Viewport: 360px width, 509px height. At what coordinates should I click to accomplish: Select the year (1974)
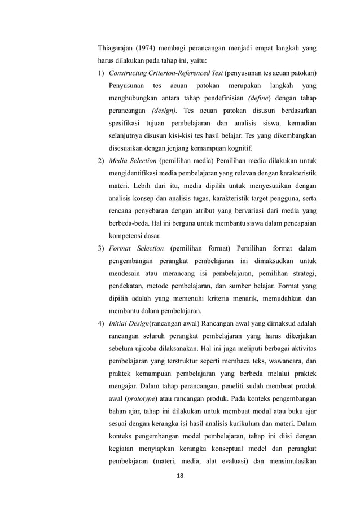click(x=150, y=49)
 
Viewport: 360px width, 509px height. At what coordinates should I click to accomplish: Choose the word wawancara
click(x=284, y=361)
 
